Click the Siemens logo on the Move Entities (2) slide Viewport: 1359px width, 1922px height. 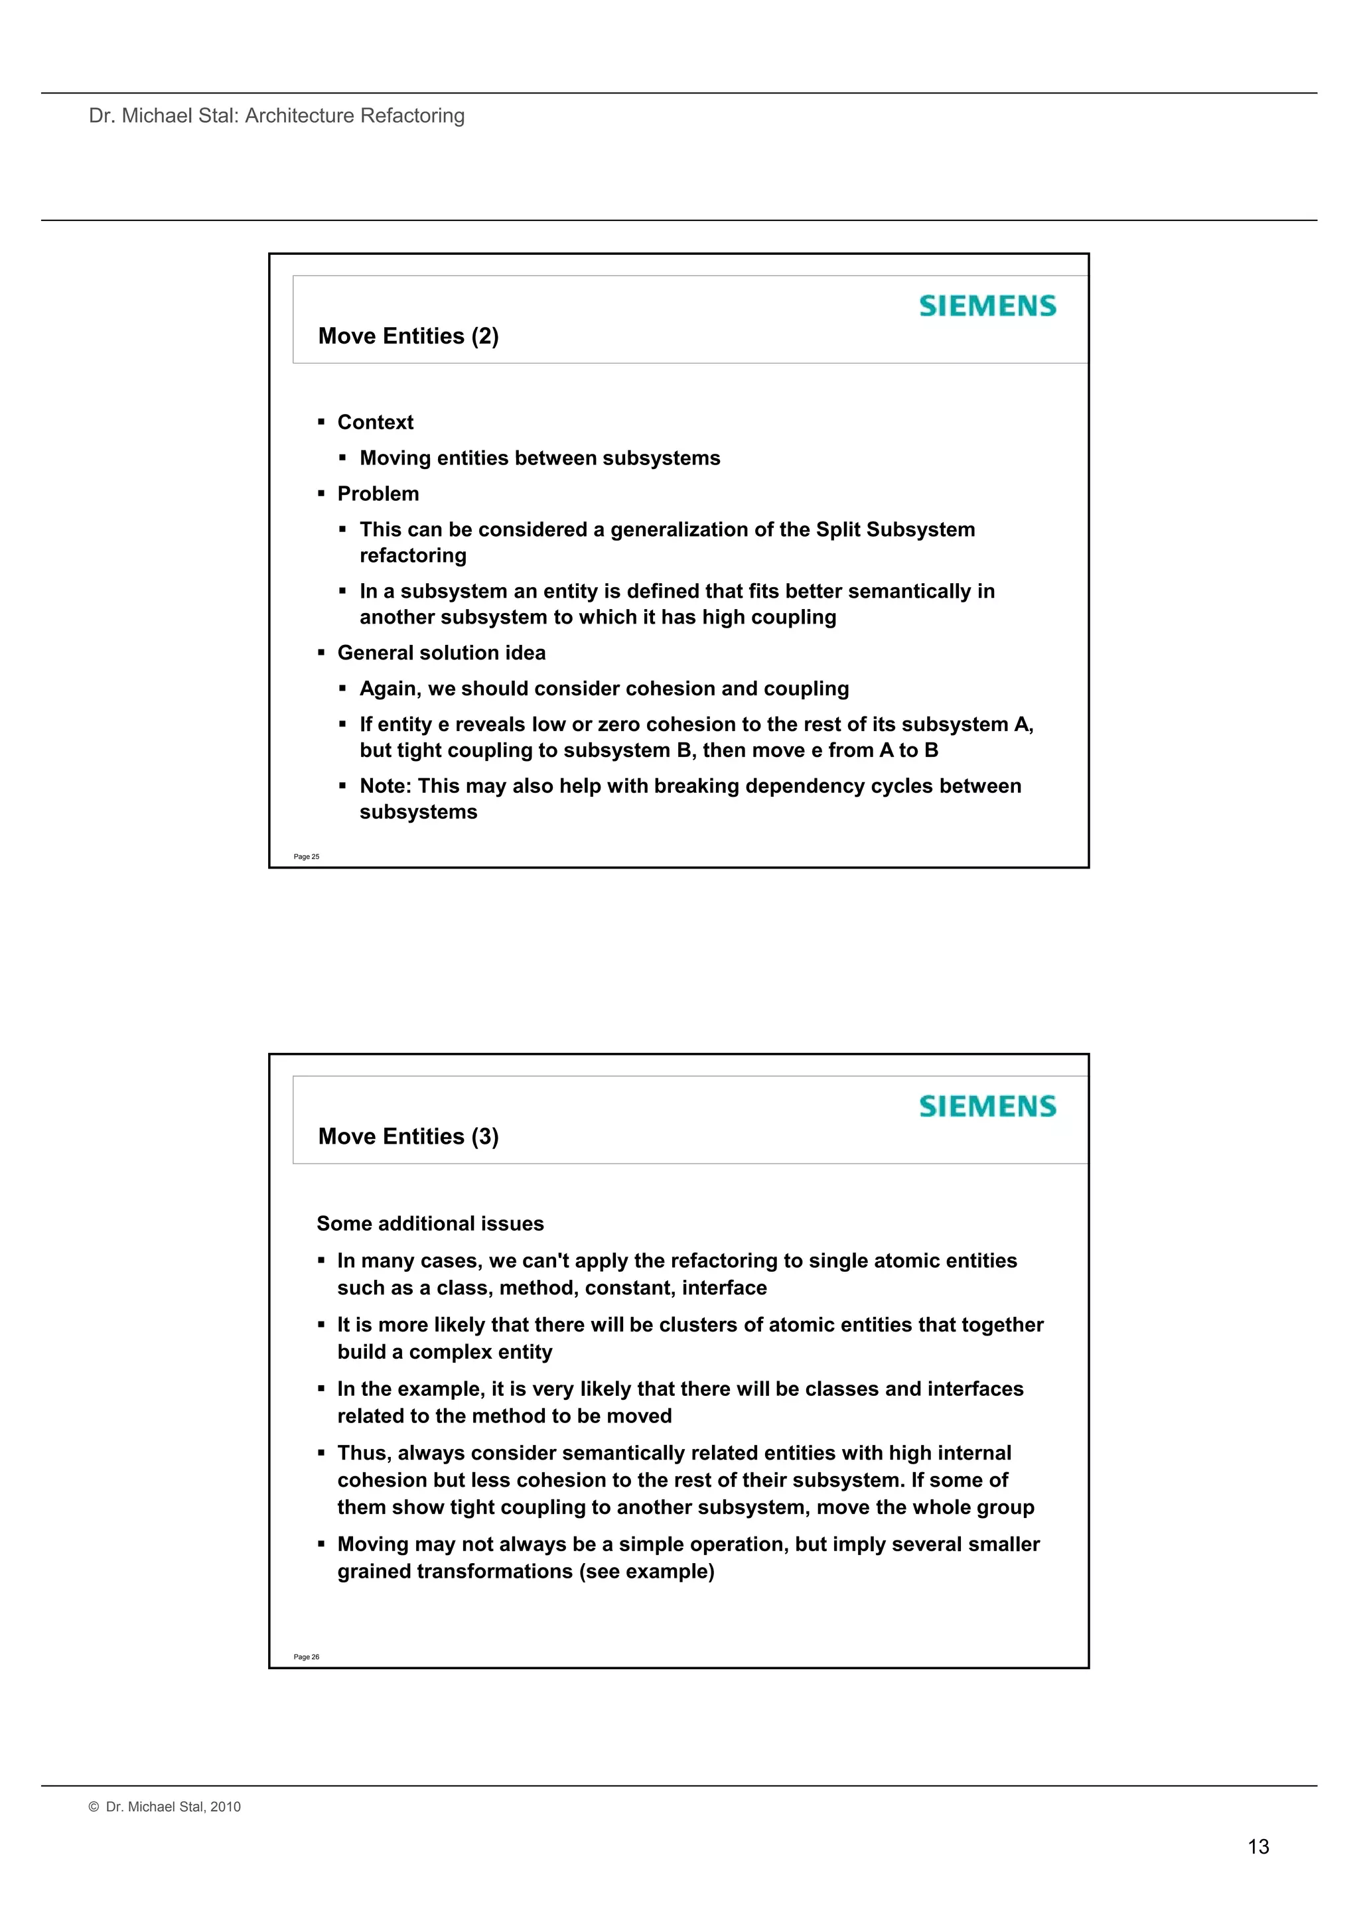click(x=987, y=307)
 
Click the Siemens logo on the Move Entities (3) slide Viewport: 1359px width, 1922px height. click(x=987, y=1107)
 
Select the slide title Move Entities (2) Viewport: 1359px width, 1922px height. click(x=408, y=336)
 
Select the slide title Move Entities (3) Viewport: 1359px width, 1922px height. click(x=408, y=1136)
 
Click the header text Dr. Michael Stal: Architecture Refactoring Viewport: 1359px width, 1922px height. click(x=276, y=115)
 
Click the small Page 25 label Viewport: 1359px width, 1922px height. click(x=307, y=857)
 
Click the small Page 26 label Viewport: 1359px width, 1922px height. click(x=307, y=1657)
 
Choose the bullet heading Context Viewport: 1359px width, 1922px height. click(x=375, y=423)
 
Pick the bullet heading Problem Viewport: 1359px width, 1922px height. click(x=378, y=494)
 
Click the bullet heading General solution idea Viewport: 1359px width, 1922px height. click(x=441, y=653)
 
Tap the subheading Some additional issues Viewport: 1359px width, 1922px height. click(x=431, y=1224)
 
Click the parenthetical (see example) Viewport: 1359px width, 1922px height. click(x=646, y=1571)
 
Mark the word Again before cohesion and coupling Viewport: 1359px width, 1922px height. click(x=390, y=689)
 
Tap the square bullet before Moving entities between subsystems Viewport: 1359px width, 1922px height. click(x=342, y=458)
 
